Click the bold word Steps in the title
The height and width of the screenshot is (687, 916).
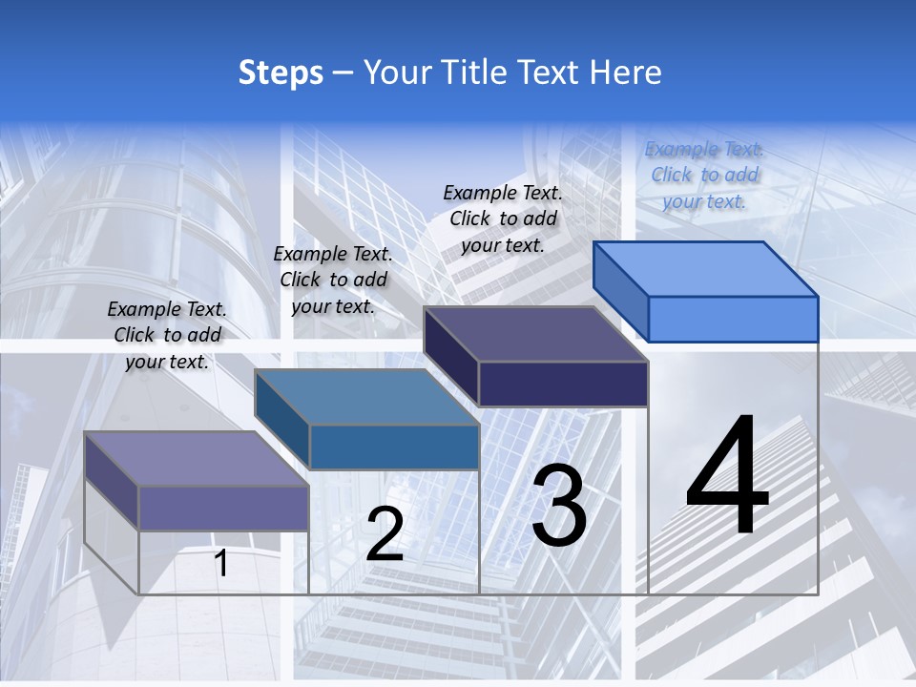click(x=281, y=73)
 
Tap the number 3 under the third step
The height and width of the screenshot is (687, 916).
click(x=559, y=506)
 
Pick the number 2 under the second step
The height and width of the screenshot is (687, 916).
click(x=385, y=534)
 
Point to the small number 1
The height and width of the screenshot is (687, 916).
click(x=221, y=563)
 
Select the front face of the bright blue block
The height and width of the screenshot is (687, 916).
click(x=733, y=319)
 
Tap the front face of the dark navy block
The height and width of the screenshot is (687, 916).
click(x=563, y=384)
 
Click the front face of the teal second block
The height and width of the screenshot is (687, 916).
click(x=394, y=447)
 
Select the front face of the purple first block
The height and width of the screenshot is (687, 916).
click(x=223, y=508)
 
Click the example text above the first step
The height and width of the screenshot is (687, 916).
click(x=167, y=335)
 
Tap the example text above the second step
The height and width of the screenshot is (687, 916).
click(x=333, y=280)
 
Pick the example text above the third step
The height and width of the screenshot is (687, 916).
click(x=503, y=219)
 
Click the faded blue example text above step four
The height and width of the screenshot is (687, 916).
click(x=704, y=175)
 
